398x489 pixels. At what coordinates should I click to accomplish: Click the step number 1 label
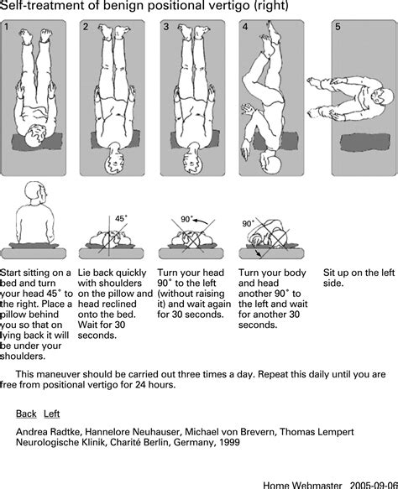pyautogui.click(x=7, y=27)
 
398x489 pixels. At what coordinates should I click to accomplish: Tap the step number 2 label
pyautogui.click(x=86, y=27)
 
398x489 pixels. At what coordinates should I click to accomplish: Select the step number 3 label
pyautogui.click(x=166, y=27)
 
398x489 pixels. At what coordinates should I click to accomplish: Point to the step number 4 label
pyautogui.click(x=244, y=27)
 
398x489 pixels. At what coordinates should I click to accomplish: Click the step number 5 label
pyautogui.click(x=338, y=27)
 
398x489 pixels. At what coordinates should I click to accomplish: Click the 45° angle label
pyautogui.click(x=122, y=218)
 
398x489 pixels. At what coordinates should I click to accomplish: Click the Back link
pyautogui.click(x=26, y=414)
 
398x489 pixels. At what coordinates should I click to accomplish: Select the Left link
pyautogui.click(x=52, y=414)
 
